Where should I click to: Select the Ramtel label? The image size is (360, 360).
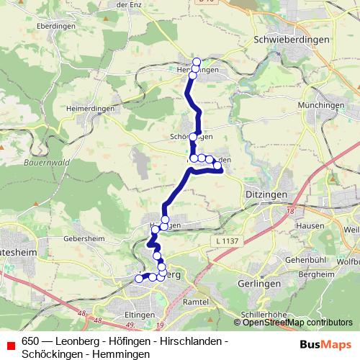[195, 302]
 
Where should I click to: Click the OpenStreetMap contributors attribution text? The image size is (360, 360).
[297, 323]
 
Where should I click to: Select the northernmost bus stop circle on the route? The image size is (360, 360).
[197, 61]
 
